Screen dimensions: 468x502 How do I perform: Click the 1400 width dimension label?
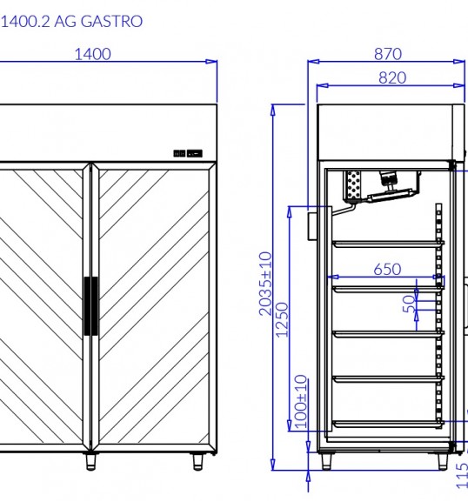click(93, 54)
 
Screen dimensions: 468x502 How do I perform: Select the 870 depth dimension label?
click(388, 54)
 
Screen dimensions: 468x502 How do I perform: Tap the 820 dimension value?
click(392, 77)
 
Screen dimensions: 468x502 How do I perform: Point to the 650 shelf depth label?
click(387, 269)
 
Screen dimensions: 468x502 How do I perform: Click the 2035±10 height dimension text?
click(265, 284)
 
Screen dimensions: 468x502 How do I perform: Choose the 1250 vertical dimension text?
click(282, 320)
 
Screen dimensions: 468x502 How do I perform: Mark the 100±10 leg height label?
click(301, 401)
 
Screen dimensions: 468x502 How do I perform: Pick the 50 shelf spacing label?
click(409, 304)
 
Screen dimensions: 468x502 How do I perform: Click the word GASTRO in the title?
click(111, 22)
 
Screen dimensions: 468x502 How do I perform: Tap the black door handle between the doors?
click(91, 306)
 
